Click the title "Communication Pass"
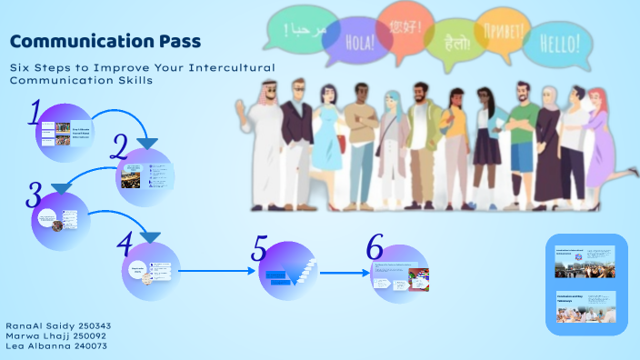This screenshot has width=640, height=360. coord(105,42)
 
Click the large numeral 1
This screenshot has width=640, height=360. coord(36,114)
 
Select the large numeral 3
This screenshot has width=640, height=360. coord(34,194)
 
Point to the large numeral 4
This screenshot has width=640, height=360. coord(125,242)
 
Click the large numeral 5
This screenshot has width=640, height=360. coord(260,247)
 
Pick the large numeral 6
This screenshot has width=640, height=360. coord(375,246)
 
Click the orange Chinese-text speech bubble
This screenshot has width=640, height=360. coord(405,25)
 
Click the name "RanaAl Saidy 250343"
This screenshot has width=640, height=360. coord(58,325)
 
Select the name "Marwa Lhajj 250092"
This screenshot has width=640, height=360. coord(56,335)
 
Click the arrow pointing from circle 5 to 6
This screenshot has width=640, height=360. coord(343,272)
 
